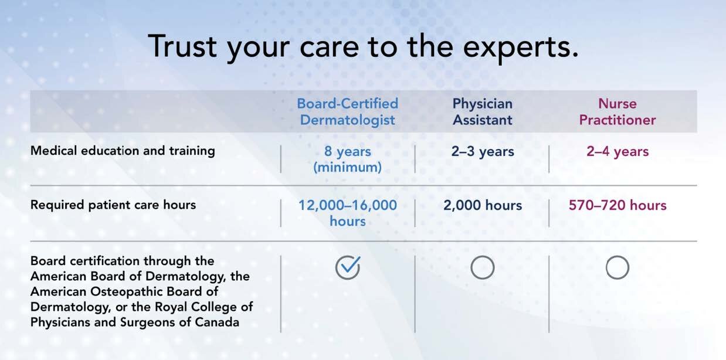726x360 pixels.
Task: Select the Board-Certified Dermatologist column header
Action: pyautogui.click(x=347, y=111)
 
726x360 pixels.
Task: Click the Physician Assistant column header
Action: pyautogui.click(x=482, y=111)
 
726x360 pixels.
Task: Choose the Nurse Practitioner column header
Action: pyautogui.click(x=617, y=111)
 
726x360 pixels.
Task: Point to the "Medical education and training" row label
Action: pyautogui.click(x=123, y=151)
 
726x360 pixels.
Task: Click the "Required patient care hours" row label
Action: pyautogui.click(x=113, y=205)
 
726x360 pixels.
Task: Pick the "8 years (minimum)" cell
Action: pyautogui.click(x=347, y=159)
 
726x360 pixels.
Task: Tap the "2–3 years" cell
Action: pyautogui.click(x=482, y=151)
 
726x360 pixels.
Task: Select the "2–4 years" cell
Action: pyautogui.click(x=617, y=151)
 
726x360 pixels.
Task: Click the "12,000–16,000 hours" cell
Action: pyautogui.click(x=347, y=213)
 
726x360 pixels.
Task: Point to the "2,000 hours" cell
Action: pyautogui.click(x=482, y=205)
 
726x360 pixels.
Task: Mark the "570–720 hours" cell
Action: pyautogui.click(x=617, y=205)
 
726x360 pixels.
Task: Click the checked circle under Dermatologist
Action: pyautogui.click(x=347, y=268)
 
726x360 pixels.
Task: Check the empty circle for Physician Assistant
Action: pyautogui.click(x=482, y=268)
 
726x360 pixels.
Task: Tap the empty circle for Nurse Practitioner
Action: pyautogui.click(x=617, y=268)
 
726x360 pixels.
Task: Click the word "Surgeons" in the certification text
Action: pyautogui.click(x=141, y=322)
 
